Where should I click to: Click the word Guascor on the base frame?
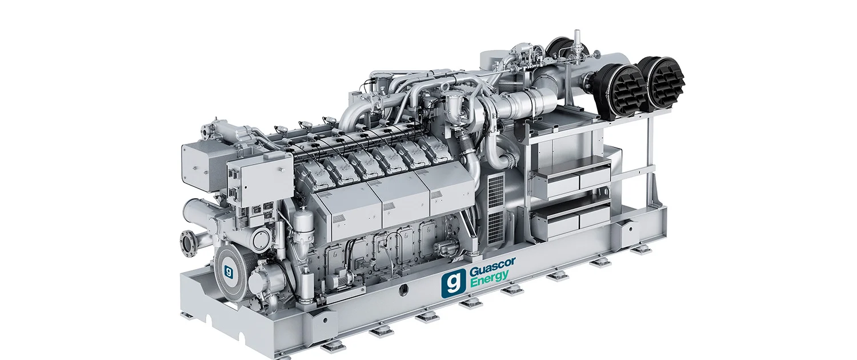[492, 267]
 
